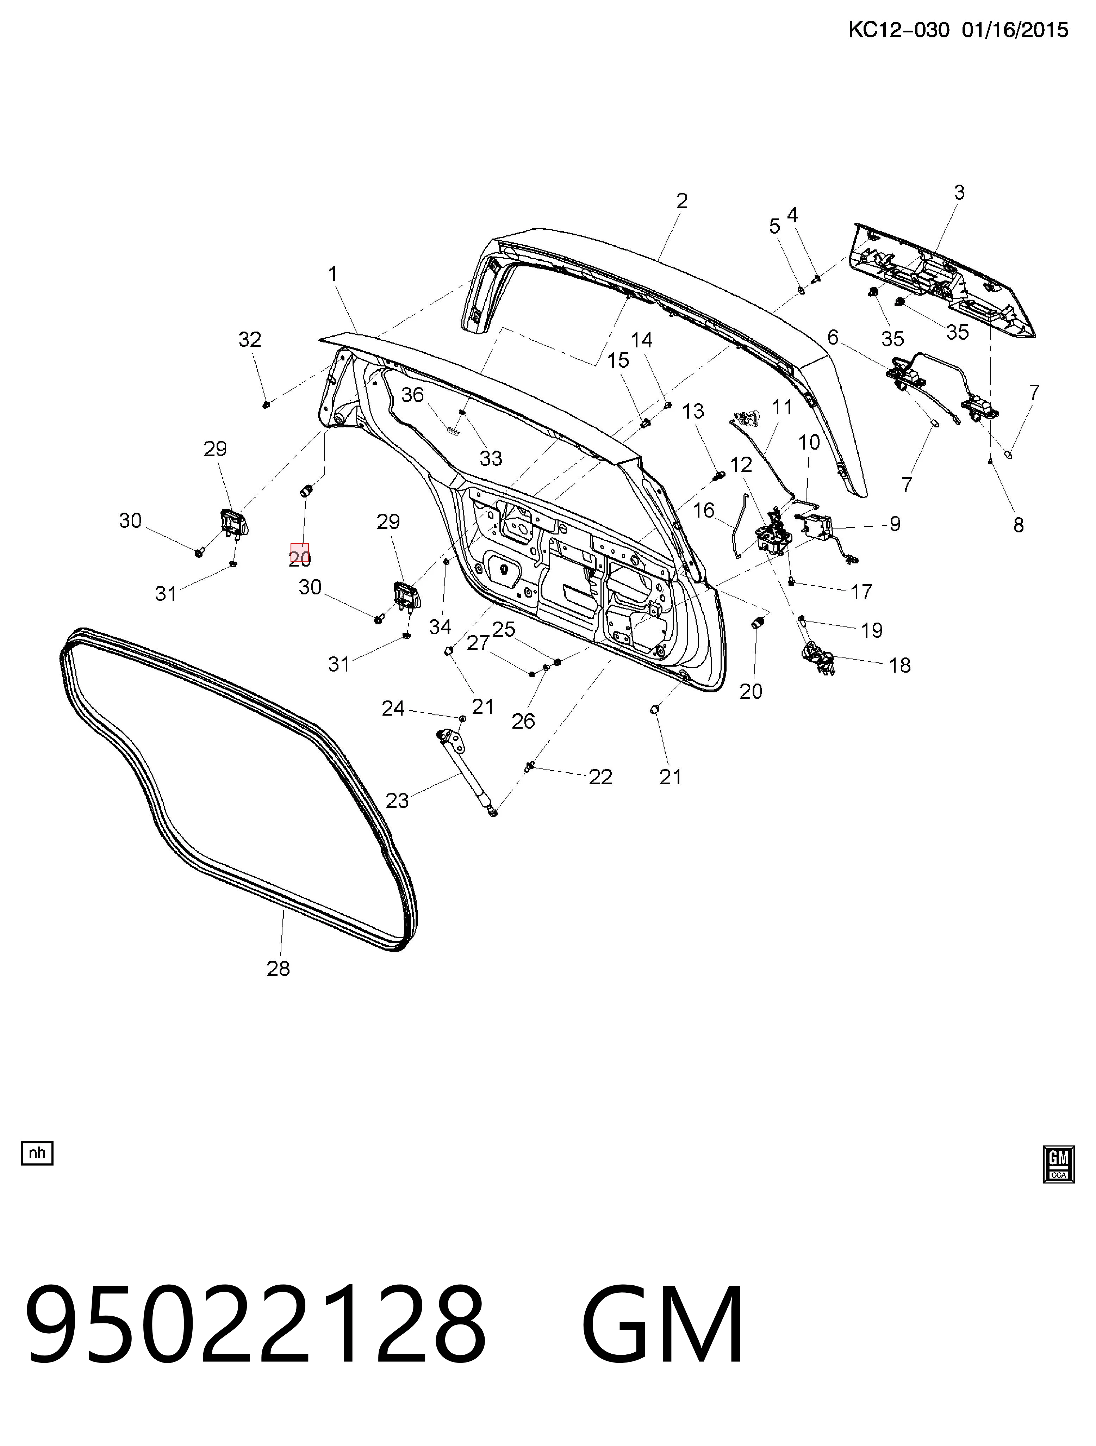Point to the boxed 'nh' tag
click(x=37, y=1153)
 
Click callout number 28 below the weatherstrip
click(x=279, y=968)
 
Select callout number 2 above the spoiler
click(x=681, y=201)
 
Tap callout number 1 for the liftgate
click(x=333, y=273)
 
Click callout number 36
click(x=412, y=395)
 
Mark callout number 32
click(x=250, y=339)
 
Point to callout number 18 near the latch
click(x=900, y=666)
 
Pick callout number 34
click(x=441, y=627)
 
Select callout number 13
click(x=693, y=411)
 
